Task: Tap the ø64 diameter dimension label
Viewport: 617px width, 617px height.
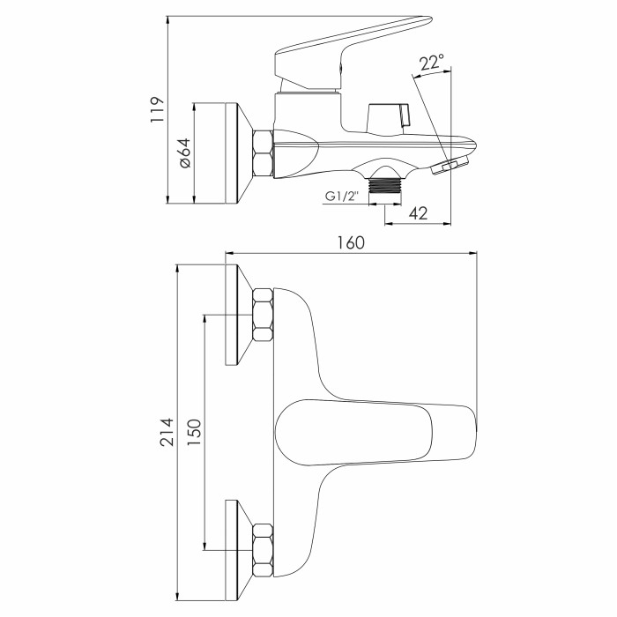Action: click(x=185, y=153)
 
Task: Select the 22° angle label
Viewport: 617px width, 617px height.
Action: click(x=431, y=63)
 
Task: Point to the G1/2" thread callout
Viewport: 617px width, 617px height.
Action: click(x=342, y=196)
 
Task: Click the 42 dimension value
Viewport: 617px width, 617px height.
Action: click(x=418, y=213)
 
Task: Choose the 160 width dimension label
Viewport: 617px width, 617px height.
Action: click(x=351, y=242)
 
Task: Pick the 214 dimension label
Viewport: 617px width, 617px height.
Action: click(x=167, y=432)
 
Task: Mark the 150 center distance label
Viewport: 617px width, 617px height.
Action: click(x=194, y=433)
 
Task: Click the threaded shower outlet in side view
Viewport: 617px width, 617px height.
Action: click(x=385, y=186)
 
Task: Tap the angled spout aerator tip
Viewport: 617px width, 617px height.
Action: click(x=450, y=165)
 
